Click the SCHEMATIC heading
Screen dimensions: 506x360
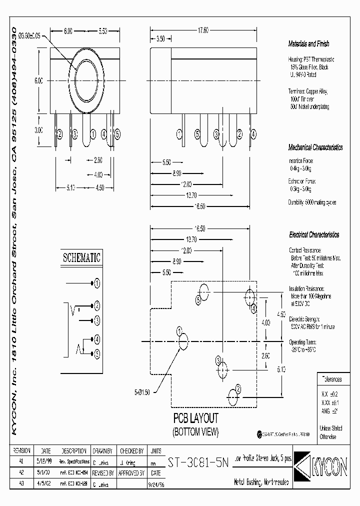click(x=81, y=258)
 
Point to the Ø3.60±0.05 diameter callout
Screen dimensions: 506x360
click(x=31, y=36)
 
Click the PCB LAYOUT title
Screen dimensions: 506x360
click(x=196, y=418)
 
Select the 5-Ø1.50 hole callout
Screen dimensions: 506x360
click(x=146, y=391)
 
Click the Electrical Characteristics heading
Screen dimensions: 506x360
click(x=314, y=234)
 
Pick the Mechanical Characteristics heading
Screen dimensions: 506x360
click(x=315, y=148)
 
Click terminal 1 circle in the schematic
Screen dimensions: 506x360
click(x=97, y=283)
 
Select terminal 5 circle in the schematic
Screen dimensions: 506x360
click(x=97, y=354)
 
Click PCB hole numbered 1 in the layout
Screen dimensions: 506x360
click(x=183, y=342)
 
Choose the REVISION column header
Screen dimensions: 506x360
click(x=21, y=450)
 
